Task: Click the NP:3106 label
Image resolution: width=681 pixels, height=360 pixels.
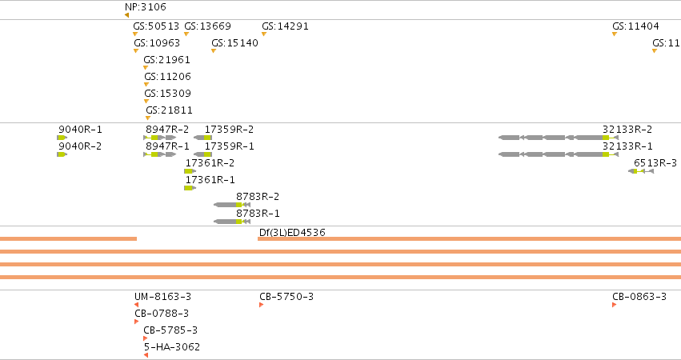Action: click(145, 7)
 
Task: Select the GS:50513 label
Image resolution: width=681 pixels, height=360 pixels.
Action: click(156, 26)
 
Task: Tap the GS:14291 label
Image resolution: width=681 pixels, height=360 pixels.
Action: click(285, 26)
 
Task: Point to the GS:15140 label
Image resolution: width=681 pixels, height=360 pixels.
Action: click(234, 43)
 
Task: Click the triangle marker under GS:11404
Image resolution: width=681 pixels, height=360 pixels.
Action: click(615, 34)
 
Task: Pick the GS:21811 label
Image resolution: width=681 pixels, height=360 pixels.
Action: click(169, 110)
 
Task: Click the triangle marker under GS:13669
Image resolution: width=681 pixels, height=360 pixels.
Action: click(186, 34)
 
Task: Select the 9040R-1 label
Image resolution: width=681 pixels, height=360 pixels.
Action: click(80, 130)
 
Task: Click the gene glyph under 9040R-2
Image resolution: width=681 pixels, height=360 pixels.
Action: click(62, 154)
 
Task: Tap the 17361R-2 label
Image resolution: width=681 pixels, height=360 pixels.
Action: click(210, 163)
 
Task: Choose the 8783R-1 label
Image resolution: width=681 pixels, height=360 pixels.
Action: click(258, 214)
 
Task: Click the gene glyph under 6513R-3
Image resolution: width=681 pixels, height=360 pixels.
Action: click(641, 171)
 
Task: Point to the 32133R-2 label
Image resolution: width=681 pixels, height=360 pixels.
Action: click(627, 130)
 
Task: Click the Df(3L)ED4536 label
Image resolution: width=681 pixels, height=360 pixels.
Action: click(292, 232)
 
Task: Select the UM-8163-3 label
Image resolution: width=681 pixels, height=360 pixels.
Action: click(162, 297)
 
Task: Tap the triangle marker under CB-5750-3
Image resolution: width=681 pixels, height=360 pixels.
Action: click(262, 305)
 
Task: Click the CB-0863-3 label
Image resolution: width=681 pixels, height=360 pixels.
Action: click(639, 297)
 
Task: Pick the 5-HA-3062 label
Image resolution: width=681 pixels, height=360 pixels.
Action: click(172, 347)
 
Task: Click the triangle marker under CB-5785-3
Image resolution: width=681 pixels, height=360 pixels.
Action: click(146, 338)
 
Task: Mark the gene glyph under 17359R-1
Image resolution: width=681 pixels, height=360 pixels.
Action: click(202, 154)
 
